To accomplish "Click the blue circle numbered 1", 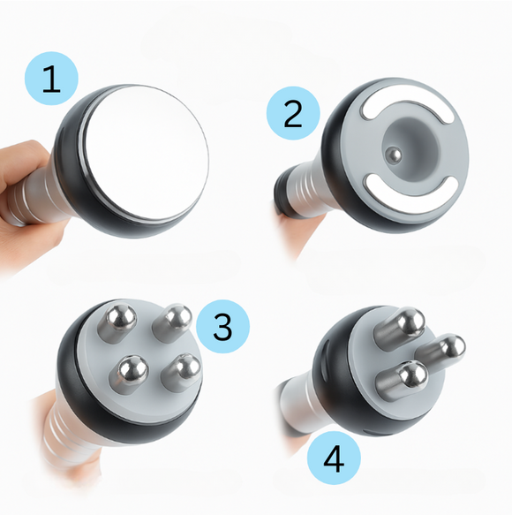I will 52,79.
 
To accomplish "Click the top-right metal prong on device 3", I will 174,322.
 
